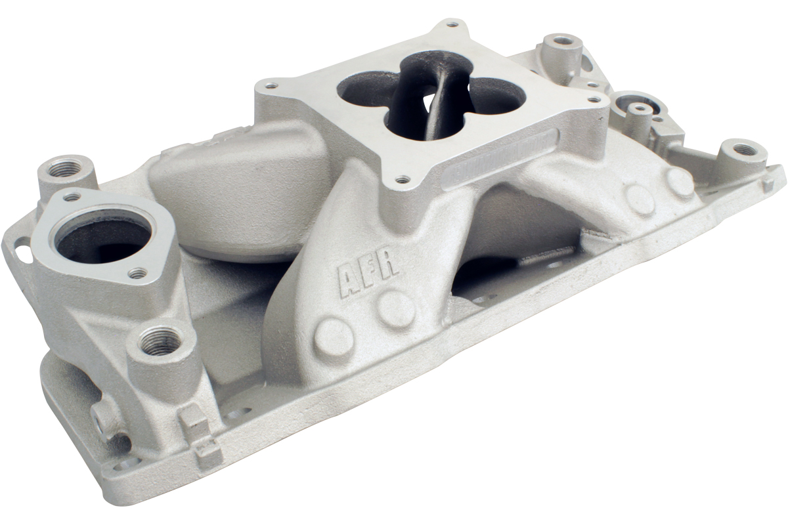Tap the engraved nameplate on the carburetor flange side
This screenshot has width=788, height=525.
pyautogui.click(x=500, y=158)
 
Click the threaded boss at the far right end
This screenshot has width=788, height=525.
pyautogui.click(x=742, y=150)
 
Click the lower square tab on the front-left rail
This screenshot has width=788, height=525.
pyautogui.click(x=208, y=450)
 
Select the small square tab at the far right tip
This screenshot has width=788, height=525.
pyautogui.click(x=768, y=185)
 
